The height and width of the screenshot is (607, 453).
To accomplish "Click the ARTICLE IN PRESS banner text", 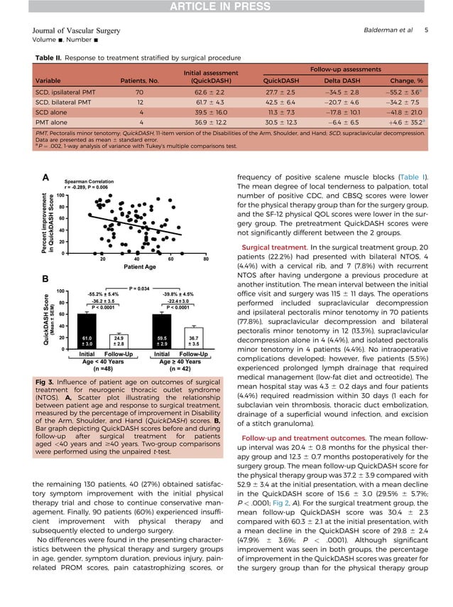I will [x=226, y=7].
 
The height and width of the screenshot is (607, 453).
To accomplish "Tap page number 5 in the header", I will [x=426, y=31].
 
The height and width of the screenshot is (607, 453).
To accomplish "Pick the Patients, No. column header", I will [x=139, y=80].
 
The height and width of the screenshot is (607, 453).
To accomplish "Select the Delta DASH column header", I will [x=346, y=80].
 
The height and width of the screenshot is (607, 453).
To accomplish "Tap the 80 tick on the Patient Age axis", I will [x=206, y=258].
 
